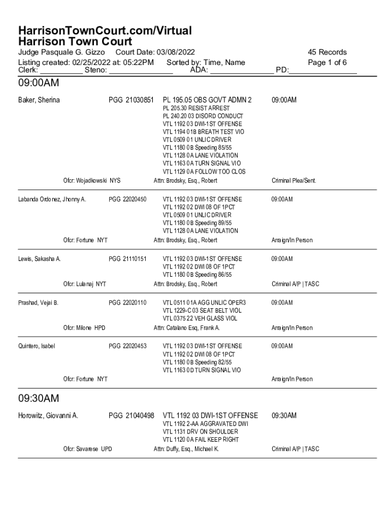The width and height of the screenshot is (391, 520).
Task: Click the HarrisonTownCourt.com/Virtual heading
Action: [x=105, y=30]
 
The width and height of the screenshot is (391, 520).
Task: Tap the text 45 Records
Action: [x=327, y=52]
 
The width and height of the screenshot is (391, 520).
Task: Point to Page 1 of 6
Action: [x=327, y=62]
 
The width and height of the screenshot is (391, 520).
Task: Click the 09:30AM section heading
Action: [x=39, y=398]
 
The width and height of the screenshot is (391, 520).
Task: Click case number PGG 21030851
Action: [x=131, y=100]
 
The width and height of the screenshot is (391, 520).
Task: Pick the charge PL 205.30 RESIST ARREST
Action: [x=196, y=108]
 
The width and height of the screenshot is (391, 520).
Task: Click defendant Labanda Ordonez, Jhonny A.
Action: [x=52, y=199]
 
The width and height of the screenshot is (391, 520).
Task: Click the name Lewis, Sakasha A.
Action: [x=40, y=259]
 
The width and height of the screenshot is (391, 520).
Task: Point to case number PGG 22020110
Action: [x=127, y=303]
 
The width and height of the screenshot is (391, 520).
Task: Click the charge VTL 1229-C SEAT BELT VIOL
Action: [x=202, y=310]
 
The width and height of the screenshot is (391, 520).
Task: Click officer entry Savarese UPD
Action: [x=87, y=449]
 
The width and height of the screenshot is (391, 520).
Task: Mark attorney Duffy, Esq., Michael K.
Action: [x=186, y=449]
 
